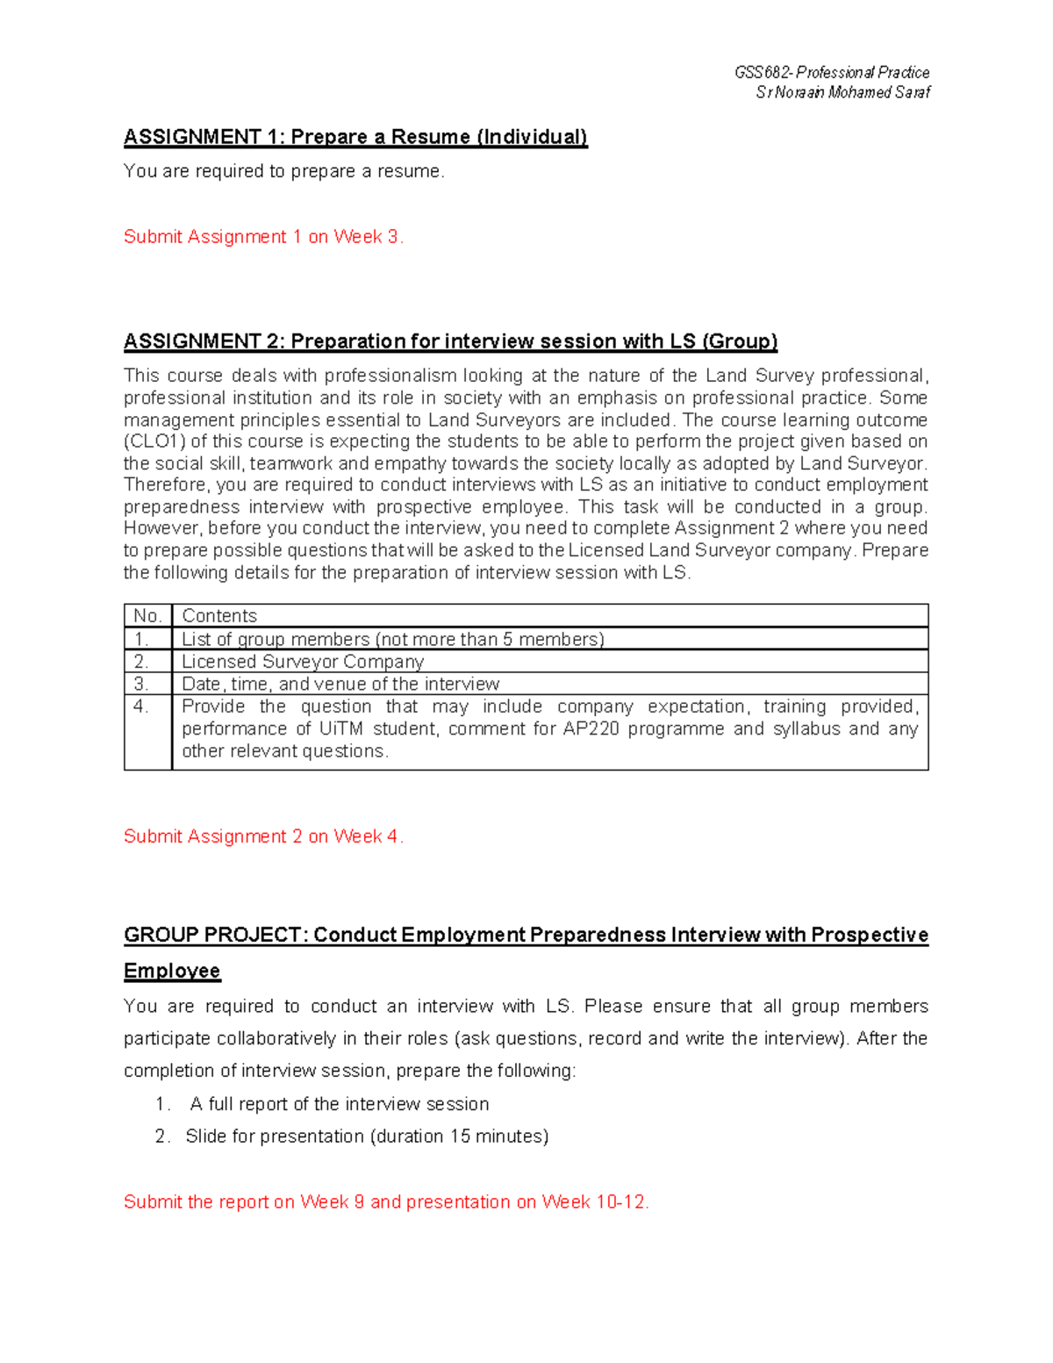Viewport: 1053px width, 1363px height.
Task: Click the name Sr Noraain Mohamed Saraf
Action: click(x=842, y=92)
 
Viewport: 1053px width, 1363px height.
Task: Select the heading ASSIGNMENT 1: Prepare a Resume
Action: click(x=355, y=137)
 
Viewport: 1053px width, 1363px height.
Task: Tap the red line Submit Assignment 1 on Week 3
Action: click(x=263, y=237)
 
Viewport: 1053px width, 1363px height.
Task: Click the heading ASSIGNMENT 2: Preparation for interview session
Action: click(x=450, y=341)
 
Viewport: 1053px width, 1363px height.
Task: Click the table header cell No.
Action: click(x=147, y=616)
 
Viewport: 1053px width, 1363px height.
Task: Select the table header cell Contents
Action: click(x=219, y=616)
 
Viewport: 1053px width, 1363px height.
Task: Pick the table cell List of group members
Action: click(x=392, y=639)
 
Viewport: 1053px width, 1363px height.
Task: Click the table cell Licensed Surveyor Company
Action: click(x=303, y=662)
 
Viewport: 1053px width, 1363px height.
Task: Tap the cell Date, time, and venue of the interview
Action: click(x=340, y=684)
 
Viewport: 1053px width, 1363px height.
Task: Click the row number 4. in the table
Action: click(x=141, y=707)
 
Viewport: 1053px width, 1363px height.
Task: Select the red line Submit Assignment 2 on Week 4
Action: click(x=263, y=836)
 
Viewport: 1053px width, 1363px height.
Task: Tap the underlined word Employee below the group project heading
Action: click(x=172, y=971)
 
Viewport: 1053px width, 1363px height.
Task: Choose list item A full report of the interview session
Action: click(x=339, y=1104)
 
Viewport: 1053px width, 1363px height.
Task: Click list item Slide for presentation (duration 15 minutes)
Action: click(x=367, y=1137)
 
